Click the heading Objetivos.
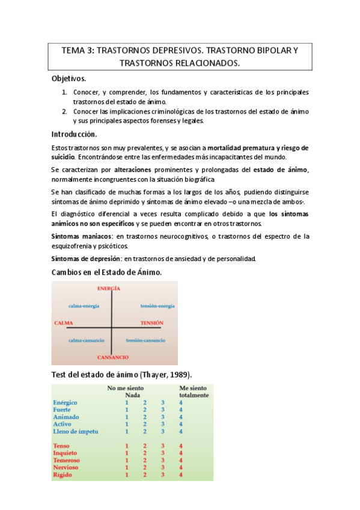pos(69,79)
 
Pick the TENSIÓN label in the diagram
pos(151,323)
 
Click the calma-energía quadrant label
pos(84,306)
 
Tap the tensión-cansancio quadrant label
pos(145,340)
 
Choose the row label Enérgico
pos(66,402)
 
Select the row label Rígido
pos(63,475)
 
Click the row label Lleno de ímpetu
pos(76,431)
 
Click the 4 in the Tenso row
pos(181,446)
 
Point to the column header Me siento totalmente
pos(194,392)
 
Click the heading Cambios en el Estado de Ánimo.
pos(107,273)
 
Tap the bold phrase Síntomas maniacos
pos(82,236)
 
